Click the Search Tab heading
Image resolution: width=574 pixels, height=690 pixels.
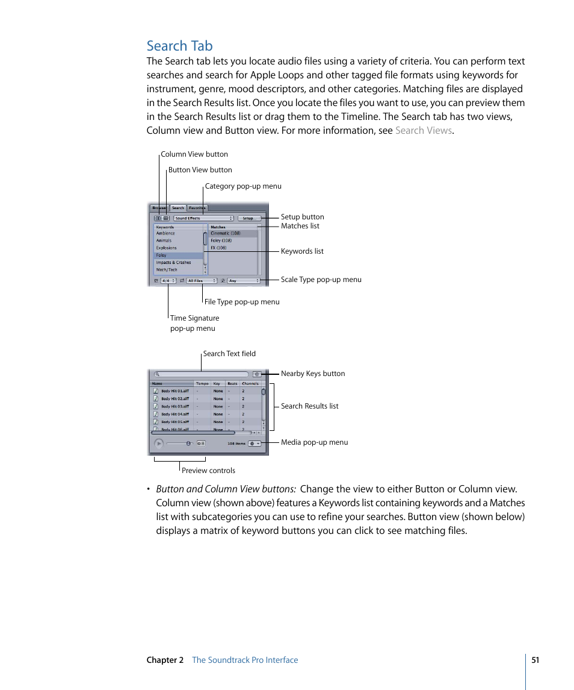pos(179,46)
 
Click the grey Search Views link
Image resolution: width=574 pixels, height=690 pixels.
pos(423,130)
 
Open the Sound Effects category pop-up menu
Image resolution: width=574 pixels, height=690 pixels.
pos(203,218)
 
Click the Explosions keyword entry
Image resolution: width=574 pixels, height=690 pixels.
pos(167,248)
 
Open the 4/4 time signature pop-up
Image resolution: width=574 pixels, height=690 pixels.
pos(168,281)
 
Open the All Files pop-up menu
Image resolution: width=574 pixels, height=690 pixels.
pos(202,281)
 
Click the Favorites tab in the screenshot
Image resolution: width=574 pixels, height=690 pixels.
pos(197,208)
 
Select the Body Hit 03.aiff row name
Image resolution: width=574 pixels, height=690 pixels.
pos(174,406)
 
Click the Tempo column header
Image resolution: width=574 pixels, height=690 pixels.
pos(202,383)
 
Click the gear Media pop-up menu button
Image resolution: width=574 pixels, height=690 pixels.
pos(255,444)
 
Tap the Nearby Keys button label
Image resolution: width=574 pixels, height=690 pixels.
pos(313,374)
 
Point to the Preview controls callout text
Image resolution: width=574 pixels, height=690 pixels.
pos(208,471)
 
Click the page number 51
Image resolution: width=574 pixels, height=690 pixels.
pos(535,660)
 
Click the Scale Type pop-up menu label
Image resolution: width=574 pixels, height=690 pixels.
pos(321,280)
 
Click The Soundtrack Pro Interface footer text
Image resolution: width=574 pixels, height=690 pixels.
pos(245,660)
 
